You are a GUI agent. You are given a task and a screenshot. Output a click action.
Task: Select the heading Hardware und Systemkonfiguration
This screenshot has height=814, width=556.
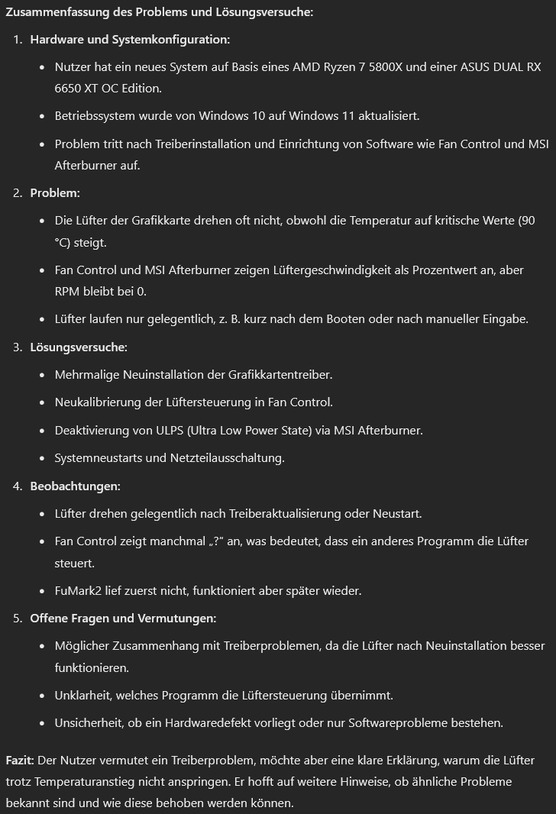130,40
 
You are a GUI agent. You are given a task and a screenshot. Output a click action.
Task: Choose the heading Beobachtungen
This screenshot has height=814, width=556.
75,486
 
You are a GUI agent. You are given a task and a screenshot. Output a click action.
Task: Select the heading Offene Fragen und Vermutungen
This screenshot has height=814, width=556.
123,619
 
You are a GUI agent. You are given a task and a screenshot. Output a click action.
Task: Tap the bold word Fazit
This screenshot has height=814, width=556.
19,761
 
